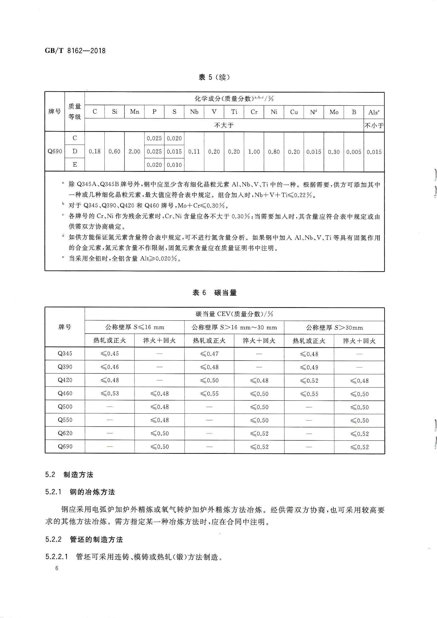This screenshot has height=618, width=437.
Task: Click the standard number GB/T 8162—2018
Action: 75,50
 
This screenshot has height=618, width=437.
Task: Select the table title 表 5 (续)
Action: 214,77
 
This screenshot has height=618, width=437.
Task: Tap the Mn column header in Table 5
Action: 134,112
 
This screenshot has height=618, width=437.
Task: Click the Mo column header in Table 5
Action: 334,112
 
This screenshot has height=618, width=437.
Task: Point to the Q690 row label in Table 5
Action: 55,151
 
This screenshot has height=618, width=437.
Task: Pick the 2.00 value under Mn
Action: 134,151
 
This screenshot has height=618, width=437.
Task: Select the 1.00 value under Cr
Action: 254,152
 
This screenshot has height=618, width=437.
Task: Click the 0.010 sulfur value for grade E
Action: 174,165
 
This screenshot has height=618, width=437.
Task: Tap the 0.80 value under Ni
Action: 274,152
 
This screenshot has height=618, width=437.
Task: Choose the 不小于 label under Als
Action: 374,126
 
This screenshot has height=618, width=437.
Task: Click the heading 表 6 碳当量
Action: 214,293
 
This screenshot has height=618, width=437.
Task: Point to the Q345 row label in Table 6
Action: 65,353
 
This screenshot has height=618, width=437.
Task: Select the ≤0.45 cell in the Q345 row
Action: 110,353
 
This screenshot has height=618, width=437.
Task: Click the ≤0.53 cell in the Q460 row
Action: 110,393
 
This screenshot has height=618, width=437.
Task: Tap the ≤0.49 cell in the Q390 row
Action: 309,367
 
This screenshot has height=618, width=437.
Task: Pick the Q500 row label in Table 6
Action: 65,407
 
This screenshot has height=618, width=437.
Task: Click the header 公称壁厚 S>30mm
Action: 334,328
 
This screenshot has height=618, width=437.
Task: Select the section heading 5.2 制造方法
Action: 69,474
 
